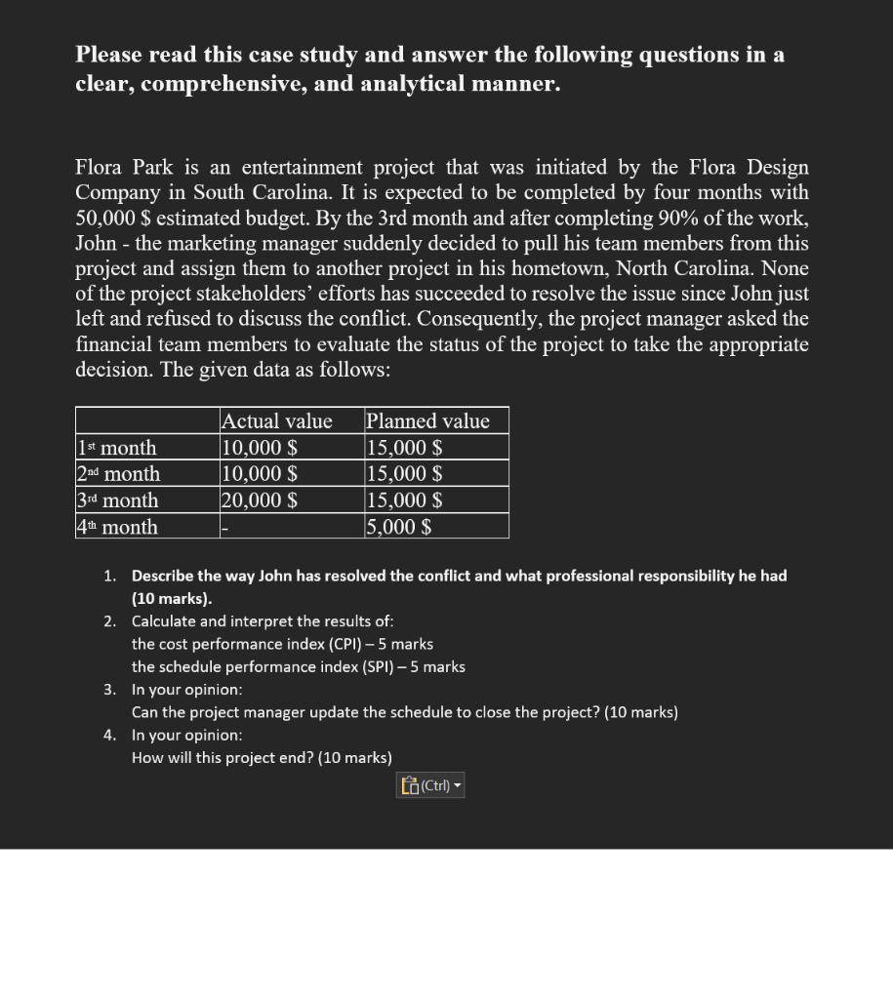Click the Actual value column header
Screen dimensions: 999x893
click(277, 420)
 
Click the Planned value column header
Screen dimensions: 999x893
click(427, 420)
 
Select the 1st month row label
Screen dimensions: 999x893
click(117, 448)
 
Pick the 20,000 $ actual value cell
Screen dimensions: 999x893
click(260, 500)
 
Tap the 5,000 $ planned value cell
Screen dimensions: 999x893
click(399, 527)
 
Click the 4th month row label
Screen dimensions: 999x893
click(117, 527)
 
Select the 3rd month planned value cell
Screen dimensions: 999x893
click(404, 500)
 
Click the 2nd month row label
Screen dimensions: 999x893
click(119, 474)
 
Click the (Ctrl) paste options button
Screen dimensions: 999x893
click(430, 785)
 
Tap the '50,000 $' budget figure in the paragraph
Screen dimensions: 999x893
click(110, 219)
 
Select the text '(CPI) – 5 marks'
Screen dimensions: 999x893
click(380, 644)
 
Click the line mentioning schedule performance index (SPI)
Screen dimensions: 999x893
click(298, 667)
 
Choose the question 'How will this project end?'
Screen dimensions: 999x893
click(262, 758)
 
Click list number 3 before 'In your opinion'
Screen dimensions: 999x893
click(110, 690)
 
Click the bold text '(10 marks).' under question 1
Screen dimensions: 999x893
click(172, 599)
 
